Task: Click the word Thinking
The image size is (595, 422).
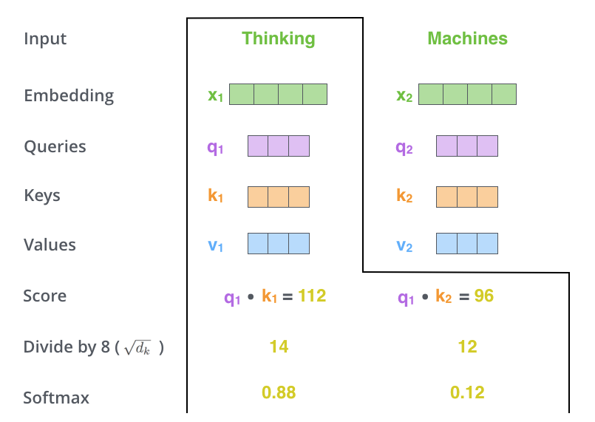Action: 279,38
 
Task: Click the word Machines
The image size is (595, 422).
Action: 467,38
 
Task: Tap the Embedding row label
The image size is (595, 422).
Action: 69,95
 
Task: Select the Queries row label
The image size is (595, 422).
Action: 55,146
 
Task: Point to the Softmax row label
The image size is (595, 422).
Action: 56,398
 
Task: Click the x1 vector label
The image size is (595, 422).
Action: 215,95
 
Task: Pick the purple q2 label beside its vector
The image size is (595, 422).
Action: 404,147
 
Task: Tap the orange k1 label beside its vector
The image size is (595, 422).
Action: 215,195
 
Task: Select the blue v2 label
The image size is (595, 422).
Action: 404,246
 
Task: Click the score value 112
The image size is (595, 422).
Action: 312,296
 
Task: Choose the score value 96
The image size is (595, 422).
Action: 484,296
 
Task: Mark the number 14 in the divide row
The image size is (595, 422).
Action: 279,347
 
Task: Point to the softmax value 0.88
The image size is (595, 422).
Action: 279,392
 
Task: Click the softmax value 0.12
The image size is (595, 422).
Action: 467,392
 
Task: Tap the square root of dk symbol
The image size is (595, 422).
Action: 137,347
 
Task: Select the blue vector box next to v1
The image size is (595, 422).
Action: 279,244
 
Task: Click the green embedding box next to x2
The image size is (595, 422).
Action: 467,94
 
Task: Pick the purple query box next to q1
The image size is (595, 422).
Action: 279,146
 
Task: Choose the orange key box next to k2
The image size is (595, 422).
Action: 467,197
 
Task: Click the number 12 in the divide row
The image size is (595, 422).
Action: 467,347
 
